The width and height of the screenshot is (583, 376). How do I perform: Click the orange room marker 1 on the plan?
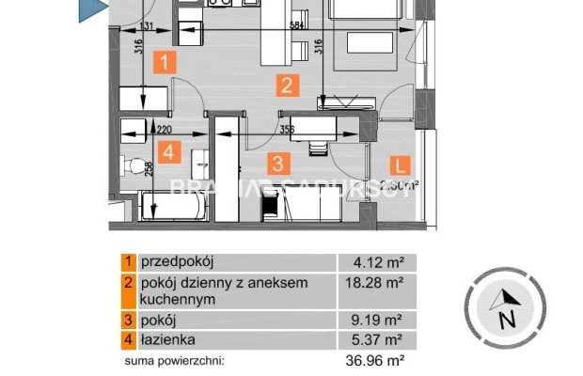(165, 63)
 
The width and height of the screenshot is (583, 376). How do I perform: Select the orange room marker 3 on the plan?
(277, 163)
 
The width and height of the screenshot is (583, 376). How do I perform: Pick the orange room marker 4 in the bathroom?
(169, 151)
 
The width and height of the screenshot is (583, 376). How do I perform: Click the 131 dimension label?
(145, 27)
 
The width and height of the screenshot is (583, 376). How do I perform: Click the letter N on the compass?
(509, 319)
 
